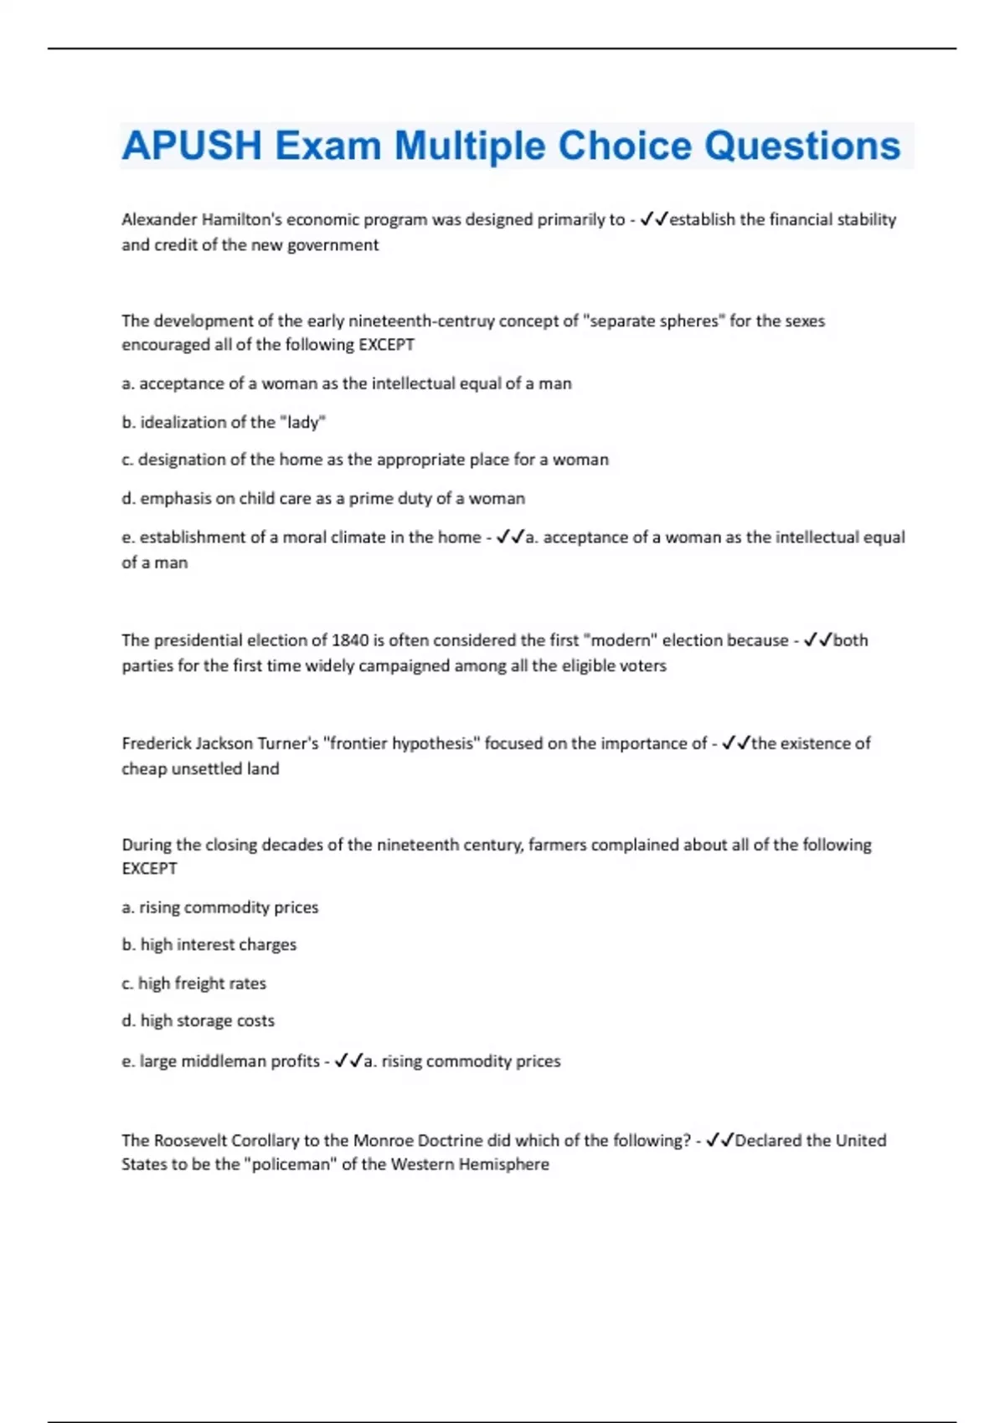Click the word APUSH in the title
point(192,146)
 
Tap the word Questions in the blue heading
point(801,146)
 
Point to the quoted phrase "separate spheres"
point(653,321)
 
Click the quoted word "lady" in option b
point(302,422)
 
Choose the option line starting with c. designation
point(365,460)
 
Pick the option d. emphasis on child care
point(323,498)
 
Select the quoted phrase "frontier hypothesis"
point(401,743)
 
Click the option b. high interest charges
point(209,944)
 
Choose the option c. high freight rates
point(194,983)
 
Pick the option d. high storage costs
point(198,1020)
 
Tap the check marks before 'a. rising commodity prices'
point(348,1061)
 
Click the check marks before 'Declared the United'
point(720,1140)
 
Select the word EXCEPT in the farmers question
point(149,869)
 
